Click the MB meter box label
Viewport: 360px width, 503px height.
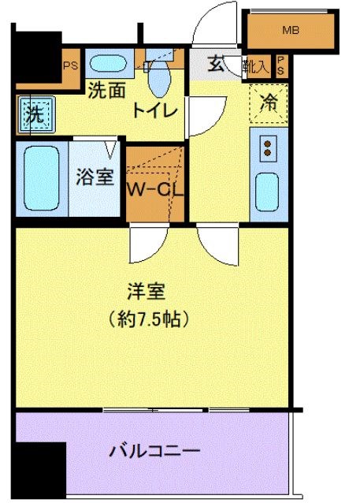(x=291, y=31)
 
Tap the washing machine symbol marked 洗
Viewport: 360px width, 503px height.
(x=34, y=114)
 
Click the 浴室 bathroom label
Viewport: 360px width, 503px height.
(x=95, y=177)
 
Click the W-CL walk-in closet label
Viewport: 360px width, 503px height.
(x=156, y=190)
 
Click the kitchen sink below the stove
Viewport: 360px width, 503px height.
(x=268, y=190)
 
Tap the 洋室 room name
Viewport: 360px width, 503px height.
(x=147, y=292)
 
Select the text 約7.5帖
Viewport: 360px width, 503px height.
(x=148, y=320)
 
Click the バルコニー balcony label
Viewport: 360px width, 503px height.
(x=154, y=452)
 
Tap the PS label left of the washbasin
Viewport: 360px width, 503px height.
(x=70, y=65)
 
